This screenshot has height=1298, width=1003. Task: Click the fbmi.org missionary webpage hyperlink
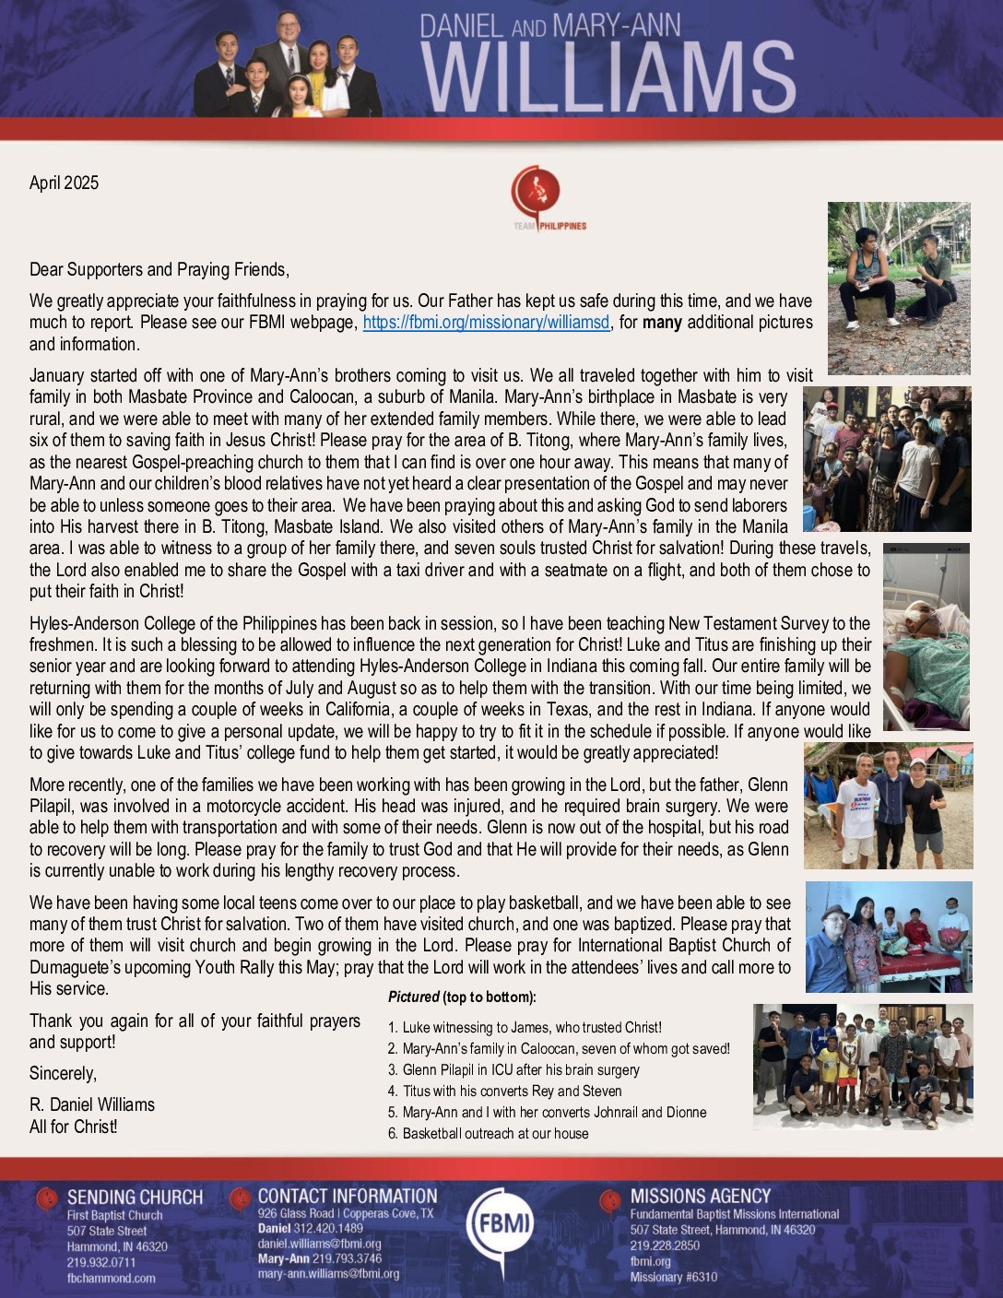click(486, 323)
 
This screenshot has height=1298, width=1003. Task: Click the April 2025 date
click(64, 183)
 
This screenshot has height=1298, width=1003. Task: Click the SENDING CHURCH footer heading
click(135, 1198)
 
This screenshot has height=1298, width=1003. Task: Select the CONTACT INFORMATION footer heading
click(348, 1196)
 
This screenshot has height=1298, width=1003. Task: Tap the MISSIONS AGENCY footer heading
click(701, 1196)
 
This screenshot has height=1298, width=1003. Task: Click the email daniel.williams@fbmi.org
click(319, 1244)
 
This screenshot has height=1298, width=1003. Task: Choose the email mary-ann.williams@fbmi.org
click(328, 1274)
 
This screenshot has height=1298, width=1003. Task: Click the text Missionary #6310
click(673, 1277)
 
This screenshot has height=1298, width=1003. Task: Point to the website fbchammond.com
click(111, 1279)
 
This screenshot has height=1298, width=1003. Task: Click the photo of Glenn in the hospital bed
click(926, 637)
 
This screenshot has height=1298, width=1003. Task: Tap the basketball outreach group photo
click(862, 1067)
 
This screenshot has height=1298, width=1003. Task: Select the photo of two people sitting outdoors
click(898, 288)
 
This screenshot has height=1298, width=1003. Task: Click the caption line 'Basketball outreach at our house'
click(495, 1134)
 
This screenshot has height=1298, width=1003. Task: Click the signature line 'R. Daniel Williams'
click(92, 1104)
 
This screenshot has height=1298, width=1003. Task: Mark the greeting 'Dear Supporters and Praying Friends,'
click(159, 269)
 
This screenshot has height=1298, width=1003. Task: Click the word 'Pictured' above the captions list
click(414, 997)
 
